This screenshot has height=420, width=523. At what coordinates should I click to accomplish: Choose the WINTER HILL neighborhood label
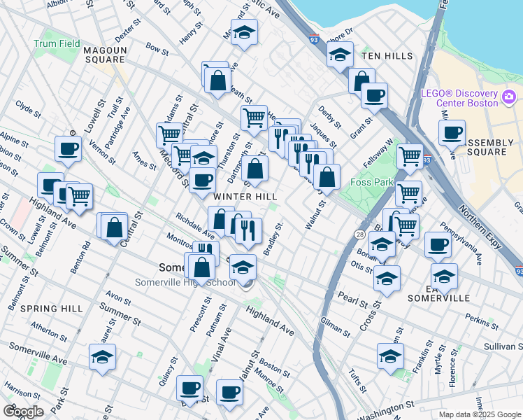[245, 197]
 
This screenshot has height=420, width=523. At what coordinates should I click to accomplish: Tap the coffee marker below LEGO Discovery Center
[452, 132]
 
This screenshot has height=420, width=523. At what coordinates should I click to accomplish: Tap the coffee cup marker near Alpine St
[69, 148]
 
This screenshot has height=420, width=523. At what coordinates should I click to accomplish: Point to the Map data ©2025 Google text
[479, 414]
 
